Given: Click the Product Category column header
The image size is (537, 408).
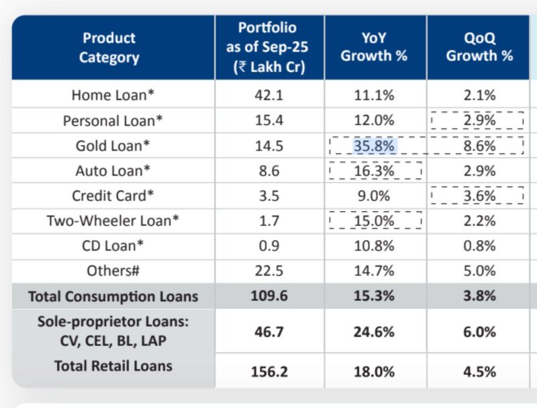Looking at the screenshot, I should click(x=109, y=47).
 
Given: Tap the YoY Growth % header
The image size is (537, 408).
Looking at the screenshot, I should click(x=374, y=47).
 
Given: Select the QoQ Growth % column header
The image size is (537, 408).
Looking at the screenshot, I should click(x=479, y=47).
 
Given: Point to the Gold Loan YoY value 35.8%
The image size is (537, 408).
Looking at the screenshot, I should click(x=375, y=146).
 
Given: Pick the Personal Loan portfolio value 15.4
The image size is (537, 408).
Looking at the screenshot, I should click(x=269, y=121).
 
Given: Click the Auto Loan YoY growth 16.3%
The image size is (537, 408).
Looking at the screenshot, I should click(x=375, y=171).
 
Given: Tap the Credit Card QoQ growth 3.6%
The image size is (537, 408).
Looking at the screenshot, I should click(x=479, y=196).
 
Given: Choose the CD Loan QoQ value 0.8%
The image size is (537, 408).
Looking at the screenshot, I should click(x=479, y=245).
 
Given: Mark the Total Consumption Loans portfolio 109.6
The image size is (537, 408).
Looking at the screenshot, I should click(x=269, y=296).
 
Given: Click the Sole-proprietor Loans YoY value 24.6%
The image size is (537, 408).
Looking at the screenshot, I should click(x=375, y=332).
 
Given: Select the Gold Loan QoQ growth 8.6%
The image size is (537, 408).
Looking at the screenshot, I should click(x=479, y=146).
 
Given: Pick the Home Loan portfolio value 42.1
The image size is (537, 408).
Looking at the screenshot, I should click(x=269, y=95).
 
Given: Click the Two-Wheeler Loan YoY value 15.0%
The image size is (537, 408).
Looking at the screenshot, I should click(x=375, y=220).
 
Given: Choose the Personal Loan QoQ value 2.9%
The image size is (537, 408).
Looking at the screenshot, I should click(x=479, y=121).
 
